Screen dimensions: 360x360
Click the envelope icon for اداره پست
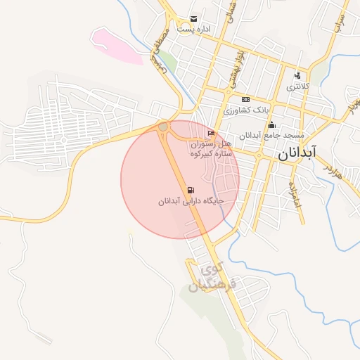point(193,20)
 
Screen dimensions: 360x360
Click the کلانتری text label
point(297,86)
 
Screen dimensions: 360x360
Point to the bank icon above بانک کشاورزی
point(245,100)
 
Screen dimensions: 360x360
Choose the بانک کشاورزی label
point(246,110)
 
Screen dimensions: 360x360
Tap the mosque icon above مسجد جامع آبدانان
point(272,125)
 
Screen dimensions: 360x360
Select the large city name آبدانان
point(297,153)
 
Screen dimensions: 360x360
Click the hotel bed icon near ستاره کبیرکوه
point(211,134)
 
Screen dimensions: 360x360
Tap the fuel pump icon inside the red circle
point(191,191)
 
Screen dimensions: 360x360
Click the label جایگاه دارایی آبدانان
point(191,202)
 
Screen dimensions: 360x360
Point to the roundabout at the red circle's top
point(164,127)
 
